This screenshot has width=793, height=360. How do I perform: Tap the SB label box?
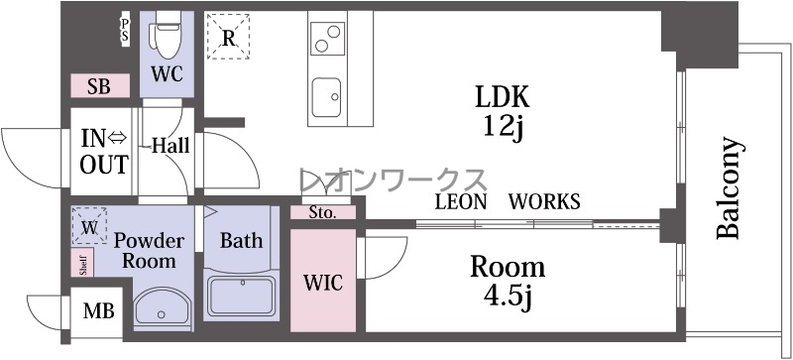[x=100, y=86]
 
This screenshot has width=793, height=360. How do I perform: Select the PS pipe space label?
[x=125, y=31]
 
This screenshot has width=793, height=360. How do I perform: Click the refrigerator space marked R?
[x=229, y=37]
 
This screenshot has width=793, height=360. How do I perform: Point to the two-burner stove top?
[x=327, y=39]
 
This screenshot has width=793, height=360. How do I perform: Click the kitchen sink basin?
[x=326, y=97]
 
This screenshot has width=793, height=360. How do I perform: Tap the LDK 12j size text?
[x=502, y=111]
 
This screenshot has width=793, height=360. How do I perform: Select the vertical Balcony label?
[x=729, y=187]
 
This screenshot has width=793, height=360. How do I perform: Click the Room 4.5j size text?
[x=508, y=282]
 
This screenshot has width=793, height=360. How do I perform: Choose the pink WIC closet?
[x=323, y=281]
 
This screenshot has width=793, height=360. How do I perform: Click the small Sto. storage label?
[x=323, y=212]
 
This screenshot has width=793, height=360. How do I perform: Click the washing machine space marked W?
[x=89, y=226]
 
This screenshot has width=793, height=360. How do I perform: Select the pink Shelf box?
[x=82, y=263]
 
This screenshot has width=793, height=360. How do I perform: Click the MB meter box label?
[x=98, y=310]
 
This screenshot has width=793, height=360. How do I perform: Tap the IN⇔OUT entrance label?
[x=104, y=152]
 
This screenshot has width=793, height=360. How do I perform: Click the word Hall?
[x=170, y=146]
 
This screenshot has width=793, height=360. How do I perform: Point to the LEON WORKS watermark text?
[x=508, y=201]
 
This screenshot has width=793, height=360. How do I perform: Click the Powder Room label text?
[x=149, y=251]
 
